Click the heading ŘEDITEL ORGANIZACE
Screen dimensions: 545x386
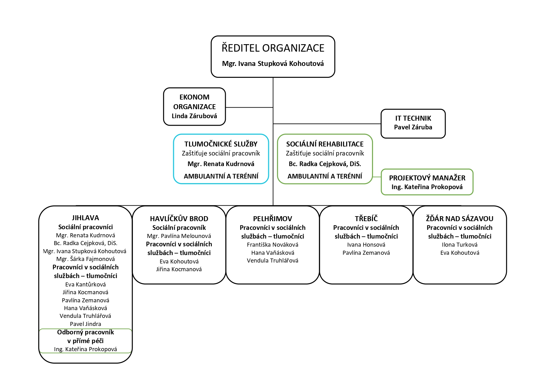point(273,48)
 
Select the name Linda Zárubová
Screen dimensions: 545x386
point(194,116)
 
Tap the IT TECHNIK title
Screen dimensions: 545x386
point(413,118)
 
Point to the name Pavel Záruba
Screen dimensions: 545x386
point(413,127)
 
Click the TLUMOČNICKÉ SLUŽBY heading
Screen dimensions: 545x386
point(221,144)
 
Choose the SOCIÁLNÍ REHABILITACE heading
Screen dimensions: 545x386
point(325,144)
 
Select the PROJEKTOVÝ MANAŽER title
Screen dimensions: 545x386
point(427,178)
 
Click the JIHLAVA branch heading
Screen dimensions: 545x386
point(85,218)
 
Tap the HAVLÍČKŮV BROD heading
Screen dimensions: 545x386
point(179,219)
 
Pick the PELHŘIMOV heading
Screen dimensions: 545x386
point(273,219)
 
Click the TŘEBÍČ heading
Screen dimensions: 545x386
point(366,219)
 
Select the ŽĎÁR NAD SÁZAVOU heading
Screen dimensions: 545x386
point(460,219)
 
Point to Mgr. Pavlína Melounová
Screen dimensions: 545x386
point(179,236)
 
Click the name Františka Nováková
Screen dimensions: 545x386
point(273,245)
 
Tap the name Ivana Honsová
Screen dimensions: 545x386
point(366,245)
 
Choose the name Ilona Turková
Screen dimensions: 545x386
point(460,245)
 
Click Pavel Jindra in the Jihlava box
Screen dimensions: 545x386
point(85,324)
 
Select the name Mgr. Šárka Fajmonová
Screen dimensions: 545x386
point(85,259)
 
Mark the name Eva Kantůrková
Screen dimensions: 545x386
point(85,284)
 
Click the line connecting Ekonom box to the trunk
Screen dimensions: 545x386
point(249,107)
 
